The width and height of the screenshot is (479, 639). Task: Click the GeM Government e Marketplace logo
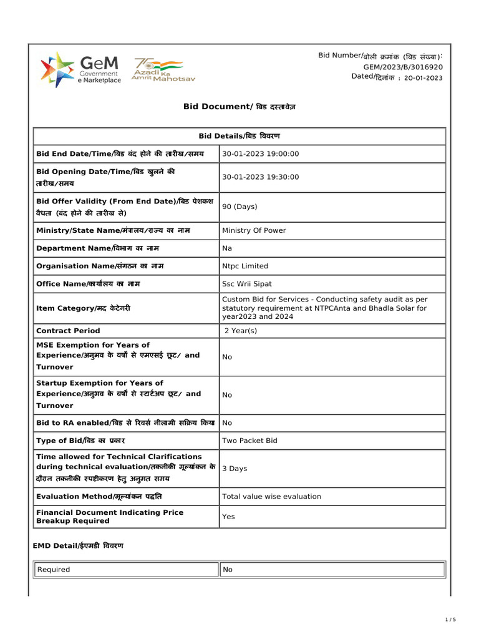coord(81,70)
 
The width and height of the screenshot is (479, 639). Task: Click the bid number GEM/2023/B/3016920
coord(403,67)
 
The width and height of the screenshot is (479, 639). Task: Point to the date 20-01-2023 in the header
coord(423,78)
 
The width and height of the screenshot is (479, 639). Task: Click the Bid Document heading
coord(239,107)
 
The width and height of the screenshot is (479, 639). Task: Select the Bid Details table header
coord(239,136)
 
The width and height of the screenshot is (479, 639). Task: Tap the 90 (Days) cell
coord(239,207)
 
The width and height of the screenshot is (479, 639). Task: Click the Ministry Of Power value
coord(254,230)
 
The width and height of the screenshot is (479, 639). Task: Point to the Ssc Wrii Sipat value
coord(247,284)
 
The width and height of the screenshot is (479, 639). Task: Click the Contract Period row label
coord(68,331)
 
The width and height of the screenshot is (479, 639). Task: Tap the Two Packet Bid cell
coord(249,441)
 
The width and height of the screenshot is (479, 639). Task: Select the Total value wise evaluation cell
coord(271,497)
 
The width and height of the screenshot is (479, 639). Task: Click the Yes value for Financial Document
coord(228,517)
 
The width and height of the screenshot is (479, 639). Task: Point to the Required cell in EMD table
coord(54,570)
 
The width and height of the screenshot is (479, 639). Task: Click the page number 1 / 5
coord(450,620)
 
